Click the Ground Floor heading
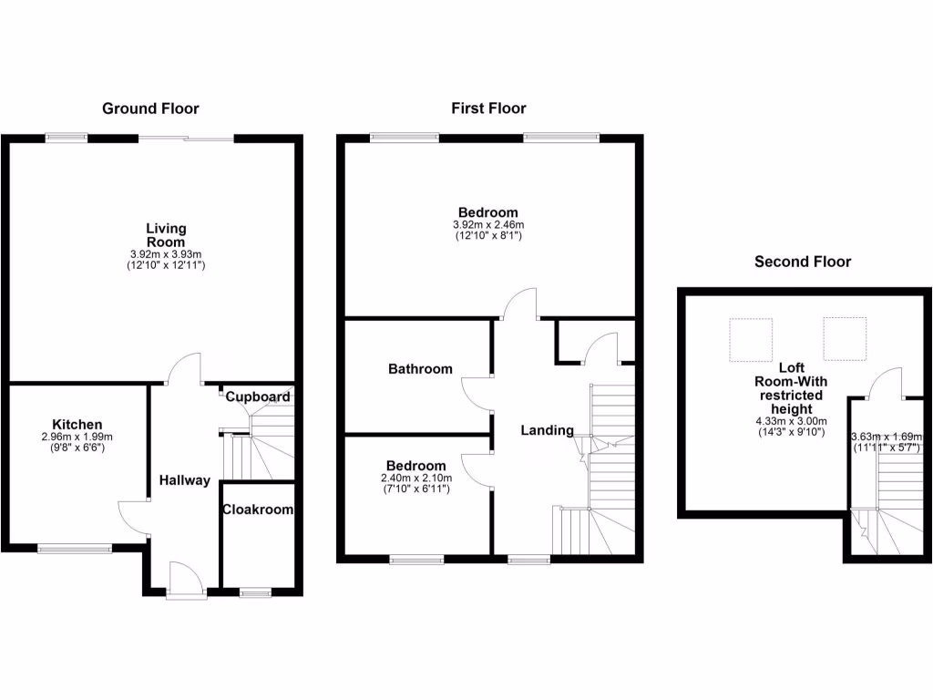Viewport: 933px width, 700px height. click(150, 108)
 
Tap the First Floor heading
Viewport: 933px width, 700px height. click(488, 108)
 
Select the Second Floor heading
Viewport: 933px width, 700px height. click(802, 262)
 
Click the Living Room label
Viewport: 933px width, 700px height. click(167, 234)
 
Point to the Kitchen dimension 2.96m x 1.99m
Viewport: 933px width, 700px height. click(77, 437)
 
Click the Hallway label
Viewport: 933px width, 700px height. click(185, 480)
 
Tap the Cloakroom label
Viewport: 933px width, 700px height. click(259, 510)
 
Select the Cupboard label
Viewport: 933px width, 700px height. click(258, 397)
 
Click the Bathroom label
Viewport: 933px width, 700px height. click(420, 369)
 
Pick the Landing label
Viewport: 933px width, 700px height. click(547, 430)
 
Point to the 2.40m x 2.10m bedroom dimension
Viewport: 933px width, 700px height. click(415, 478)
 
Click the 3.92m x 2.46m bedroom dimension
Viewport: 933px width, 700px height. click(488, 225)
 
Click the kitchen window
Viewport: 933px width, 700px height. click(74, 548)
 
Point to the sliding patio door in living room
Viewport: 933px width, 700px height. click(186, 139)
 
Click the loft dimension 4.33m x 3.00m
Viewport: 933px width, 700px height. click(790, 421)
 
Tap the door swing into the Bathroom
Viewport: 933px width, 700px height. click(477, 393)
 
